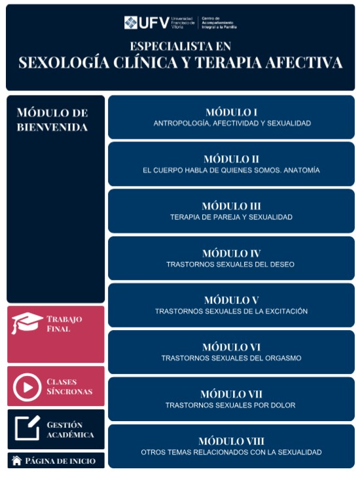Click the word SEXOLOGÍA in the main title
click(62, 63)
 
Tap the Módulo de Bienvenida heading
click(52, 120)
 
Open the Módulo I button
click(231, 117)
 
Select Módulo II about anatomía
click(231, 164)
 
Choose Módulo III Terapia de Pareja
click(231, 211)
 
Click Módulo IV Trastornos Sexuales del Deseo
click(231, 258)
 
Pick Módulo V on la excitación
click(231, 305)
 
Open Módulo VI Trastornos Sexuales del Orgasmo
click(231, 352)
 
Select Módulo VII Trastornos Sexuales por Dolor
click(231, 399)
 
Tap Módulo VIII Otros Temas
click(231, 446)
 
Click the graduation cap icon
click(27, 323)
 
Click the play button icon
click(27, 386)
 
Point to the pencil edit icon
click(27, 428)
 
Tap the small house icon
click(17, 461)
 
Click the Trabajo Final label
click(64, 323)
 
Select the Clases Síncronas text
click(69, 386)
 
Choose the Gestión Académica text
click(70, 430)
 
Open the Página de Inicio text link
click(60, 461)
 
